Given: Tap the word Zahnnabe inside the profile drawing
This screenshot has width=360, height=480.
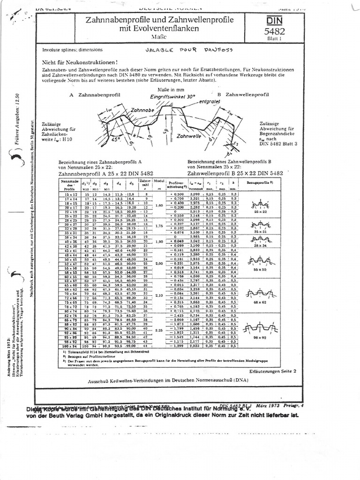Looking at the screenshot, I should point(142,109).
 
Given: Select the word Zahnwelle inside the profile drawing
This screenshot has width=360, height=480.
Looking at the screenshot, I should point(187,134).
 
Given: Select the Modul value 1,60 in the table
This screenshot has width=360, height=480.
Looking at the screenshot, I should point(159,205).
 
